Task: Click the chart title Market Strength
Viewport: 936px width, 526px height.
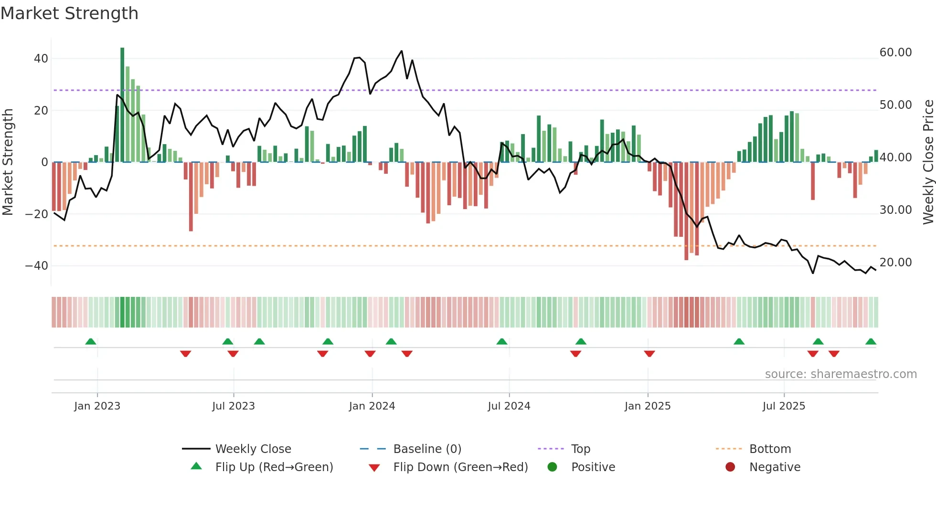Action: click(69, 13)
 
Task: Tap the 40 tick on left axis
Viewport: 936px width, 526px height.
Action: click(41, 59)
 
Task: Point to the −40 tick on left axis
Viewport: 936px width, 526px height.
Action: click(37, 266)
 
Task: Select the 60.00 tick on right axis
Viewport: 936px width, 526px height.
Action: click(895, 53)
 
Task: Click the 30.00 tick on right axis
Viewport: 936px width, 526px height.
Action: click(895, 210)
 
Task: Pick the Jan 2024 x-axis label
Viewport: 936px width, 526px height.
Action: click(372, 406)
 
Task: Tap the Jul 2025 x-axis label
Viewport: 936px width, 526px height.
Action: click(784, 406)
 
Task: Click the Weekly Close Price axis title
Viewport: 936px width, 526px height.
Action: click(928, 162)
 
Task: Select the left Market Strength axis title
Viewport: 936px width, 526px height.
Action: click(8, 162)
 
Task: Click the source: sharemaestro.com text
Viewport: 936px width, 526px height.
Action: click(840, 374)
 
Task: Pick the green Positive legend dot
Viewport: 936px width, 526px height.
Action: click(552, 467)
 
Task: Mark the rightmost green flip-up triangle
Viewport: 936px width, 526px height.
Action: click(871, 341)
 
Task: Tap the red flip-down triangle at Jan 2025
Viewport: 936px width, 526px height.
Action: click(649, 354)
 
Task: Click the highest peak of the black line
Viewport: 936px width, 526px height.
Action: click(402, 51)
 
